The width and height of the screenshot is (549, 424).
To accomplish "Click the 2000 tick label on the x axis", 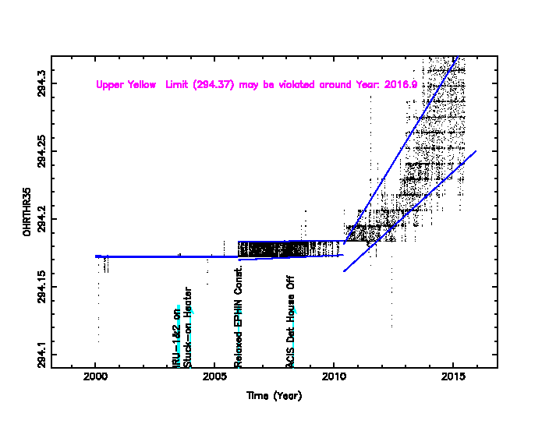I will click(x=95, y=378).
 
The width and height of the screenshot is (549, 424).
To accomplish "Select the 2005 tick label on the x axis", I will click(x=214, y=378).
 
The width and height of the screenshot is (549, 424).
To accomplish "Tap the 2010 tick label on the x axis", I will click(x=334, y=378).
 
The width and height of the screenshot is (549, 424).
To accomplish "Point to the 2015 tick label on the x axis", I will click(x=453, y=378).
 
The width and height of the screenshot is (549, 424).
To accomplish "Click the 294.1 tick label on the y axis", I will click(x=41, y=355).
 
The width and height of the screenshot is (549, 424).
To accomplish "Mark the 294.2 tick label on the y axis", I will click(x=41, y=219).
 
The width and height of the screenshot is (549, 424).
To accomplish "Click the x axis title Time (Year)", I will click(x=274, y=395).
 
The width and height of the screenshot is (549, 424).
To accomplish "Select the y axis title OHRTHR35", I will click(x=27, y=211).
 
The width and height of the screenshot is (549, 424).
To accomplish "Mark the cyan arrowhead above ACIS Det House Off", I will click(x=294, y=310).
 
